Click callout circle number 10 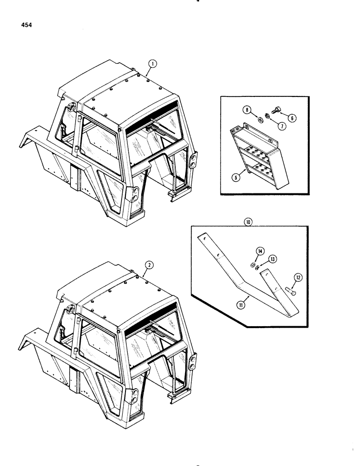click(249, 223)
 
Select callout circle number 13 click(273, 259)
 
